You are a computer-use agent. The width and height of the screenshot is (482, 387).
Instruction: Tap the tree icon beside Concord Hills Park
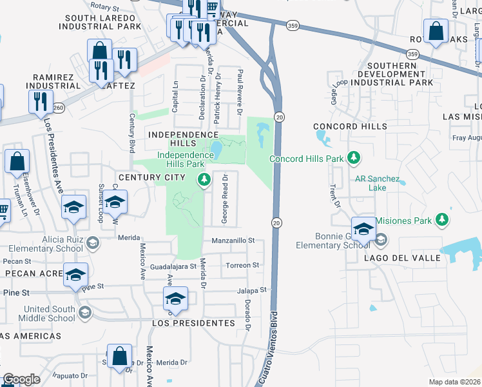click(x=353, y=157)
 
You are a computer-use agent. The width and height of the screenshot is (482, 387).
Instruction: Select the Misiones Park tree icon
click(x=442, y=220)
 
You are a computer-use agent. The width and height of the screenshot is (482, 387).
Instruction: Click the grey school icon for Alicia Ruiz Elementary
click(x=93, y=243)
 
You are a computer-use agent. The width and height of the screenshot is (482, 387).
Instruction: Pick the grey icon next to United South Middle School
click(x=84, y=313)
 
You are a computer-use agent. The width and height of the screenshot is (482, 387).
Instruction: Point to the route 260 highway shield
click(x=59, y=107)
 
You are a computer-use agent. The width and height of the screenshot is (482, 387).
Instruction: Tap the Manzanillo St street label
click(x=233, y=241)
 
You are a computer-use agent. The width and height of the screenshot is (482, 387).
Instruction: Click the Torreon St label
click(x=242, y=265)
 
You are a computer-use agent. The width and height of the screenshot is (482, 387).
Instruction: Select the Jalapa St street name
click(x=251, y=291)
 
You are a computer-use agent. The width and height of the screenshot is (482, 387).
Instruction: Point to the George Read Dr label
click(x=225, y=199)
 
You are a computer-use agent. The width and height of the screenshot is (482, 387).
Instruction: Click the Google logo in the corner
click(x=21, y=380)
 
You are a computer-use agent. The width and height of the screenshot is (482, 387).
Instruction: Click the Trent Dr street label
click(x=334, y=196)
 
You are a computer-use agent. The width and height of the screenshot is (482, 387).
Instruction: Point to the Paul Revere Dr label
click(x=239, y=92)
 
